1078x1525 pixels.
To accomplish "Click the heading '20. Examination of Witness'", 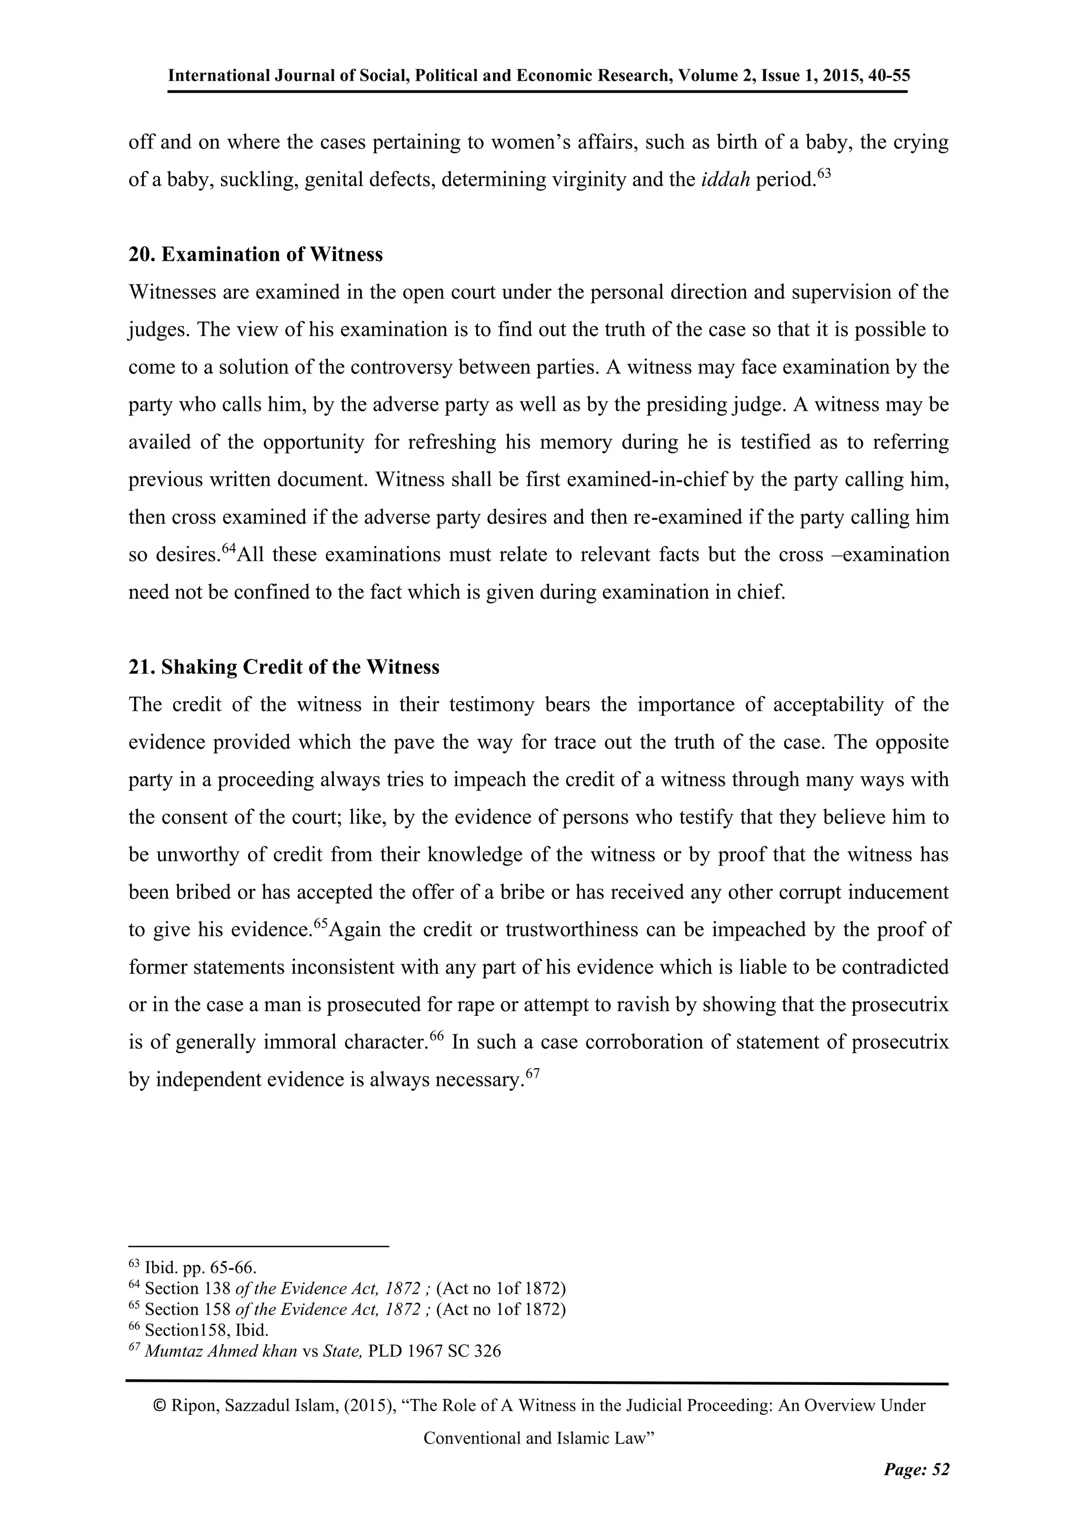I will coord(256,254).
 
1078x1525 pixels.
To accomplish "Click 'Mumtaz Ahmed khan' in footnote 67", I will coord(221,1351).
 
